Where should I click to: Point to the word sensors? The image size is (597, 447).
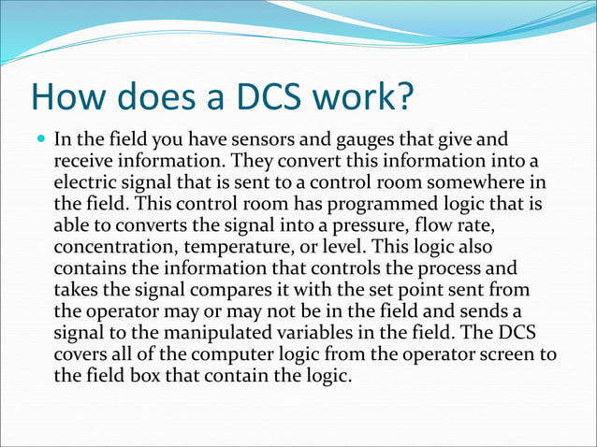click(251, 141)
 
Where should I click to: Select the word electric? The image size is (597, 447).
click(86, 182)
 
